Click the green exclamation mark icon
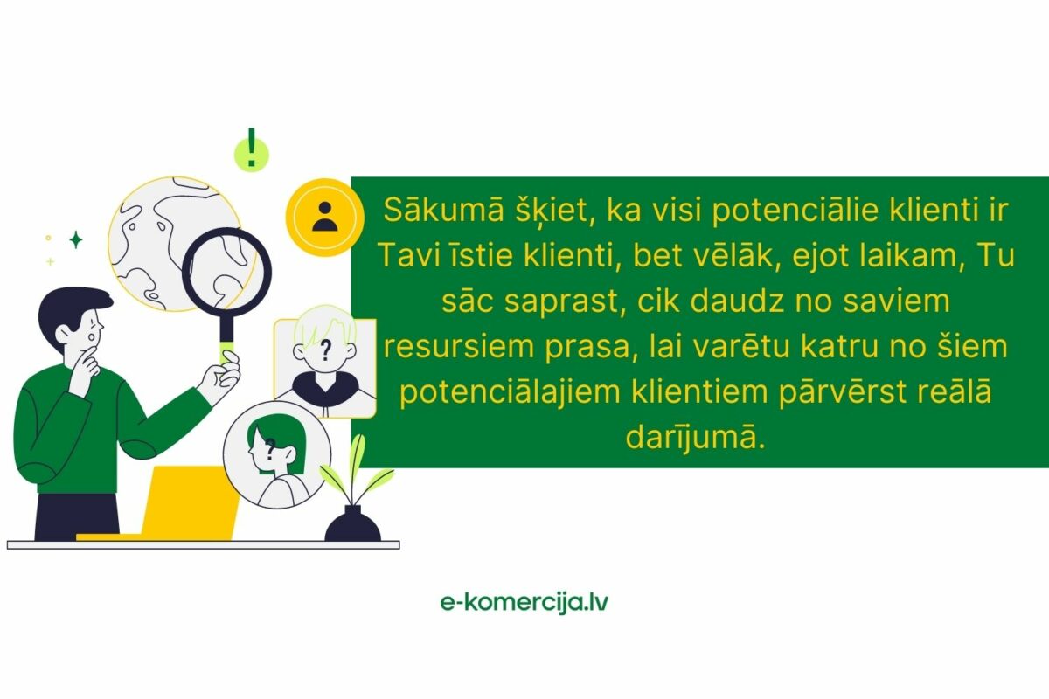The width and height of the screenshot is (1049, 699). [x=252, y=149]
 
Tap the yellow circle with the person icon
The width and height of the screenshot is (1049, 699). [x=324, y=215]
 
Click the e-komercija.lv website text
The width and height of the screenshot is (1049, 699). [x=524, y=602]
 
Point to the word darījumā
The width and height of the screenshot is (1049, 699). [x=695, y=437]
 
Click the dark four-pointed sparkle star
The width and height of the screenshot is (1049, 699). [x=76, y=239]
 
